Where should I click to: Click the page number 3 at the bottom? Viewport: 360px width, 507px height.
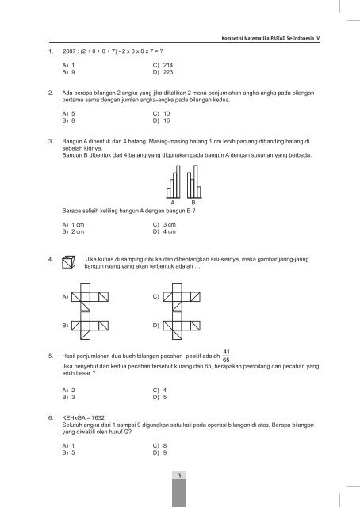click(180, 474)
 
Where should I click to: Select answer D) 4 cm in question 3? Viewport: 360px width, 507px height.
click(164, 233)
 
